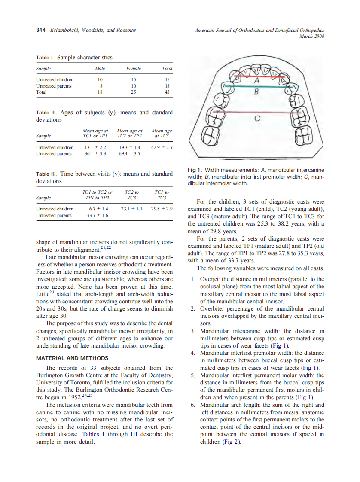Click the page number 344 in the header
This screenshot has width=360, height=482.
(41, 30)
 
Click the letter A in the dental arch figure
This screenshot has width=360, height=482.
(256, 81)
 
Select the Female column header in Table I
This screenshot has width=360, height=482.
(134, 68)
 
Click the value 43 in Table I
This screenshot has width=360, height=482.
(168, 92)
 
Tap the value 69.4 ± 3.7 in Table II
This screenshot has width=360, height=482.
(129, 153)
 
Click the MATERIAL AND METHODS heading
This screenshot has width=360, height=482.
(72, 358)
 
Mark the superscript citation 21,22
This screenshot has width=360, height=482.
(106, 247)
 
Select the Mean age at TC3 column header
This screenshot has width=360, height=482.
(162, 133)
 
